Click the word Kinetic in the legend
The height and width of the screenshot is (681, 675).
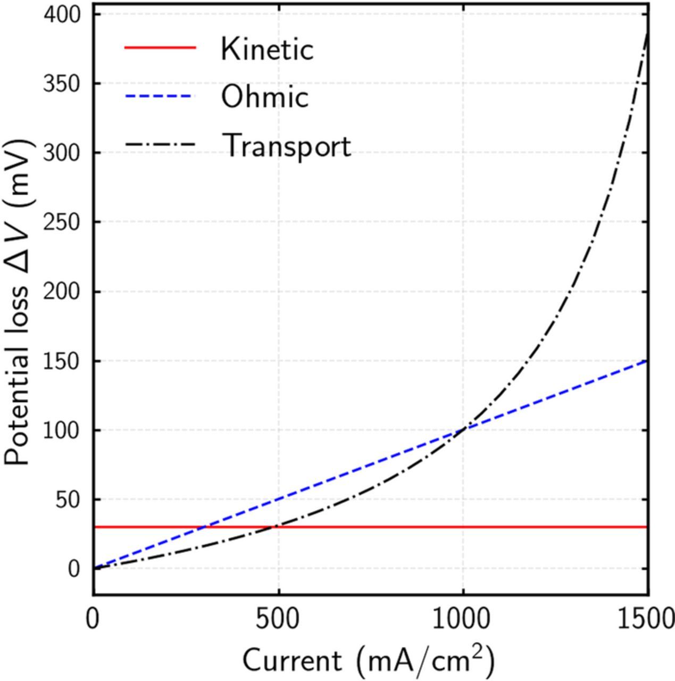pyautogui.click(x=267, y=49)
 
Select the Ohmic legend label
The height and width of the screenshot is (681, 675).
pyautogui.click(x=264, y=97)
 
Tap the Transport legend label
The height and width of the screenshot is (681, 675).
pyautogui.click(x=286, y=145)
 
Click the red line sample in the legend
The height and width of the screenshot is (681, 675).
pyautogui.click(x=160, y=48)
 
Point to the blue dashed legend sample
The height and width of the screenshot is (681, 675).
pyautogui.click(x=160, y=96)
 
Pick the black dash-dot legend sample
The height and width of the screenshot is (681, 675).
pyautogui.click(x=160, y=145)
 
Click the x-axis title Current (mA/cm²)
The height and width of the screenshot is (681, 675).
pyautogui.click(x=369, y=660)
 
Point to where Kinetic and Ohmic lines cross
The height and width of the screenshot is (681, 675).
pyautogui.click(x=204, y=527)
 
